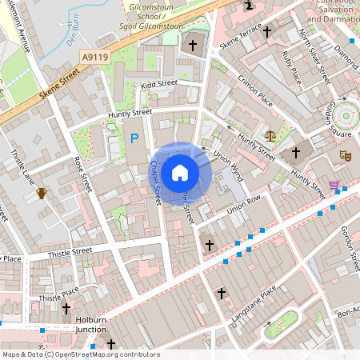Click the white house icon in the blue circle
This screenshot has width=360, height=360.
(x=180, y=172)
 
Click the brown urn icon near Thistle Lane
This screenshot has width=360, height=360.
(x=41, y=193)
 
